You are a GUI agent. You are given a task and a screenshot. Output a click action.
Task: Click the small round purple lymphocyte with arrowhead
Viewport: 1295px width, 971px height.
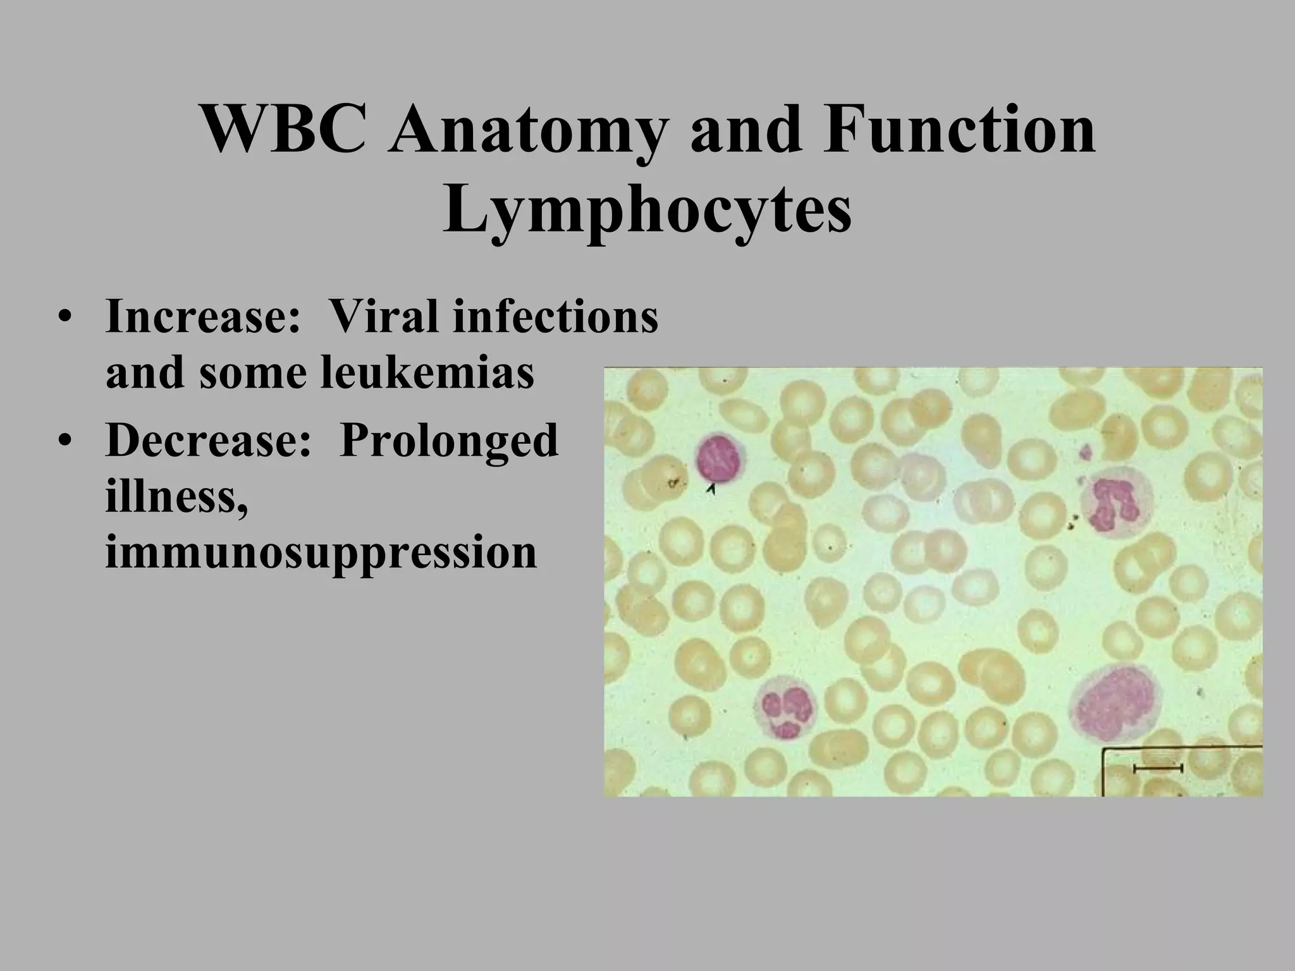click(720, 458)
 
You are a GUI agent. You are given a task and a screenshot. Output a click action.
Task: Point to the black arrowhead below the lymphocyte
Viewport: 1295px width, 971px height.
click(712, 488)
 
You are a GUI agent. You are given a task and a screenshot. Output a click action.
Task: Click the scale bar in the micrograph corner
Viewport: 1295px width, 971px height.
click(1158, 768)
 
